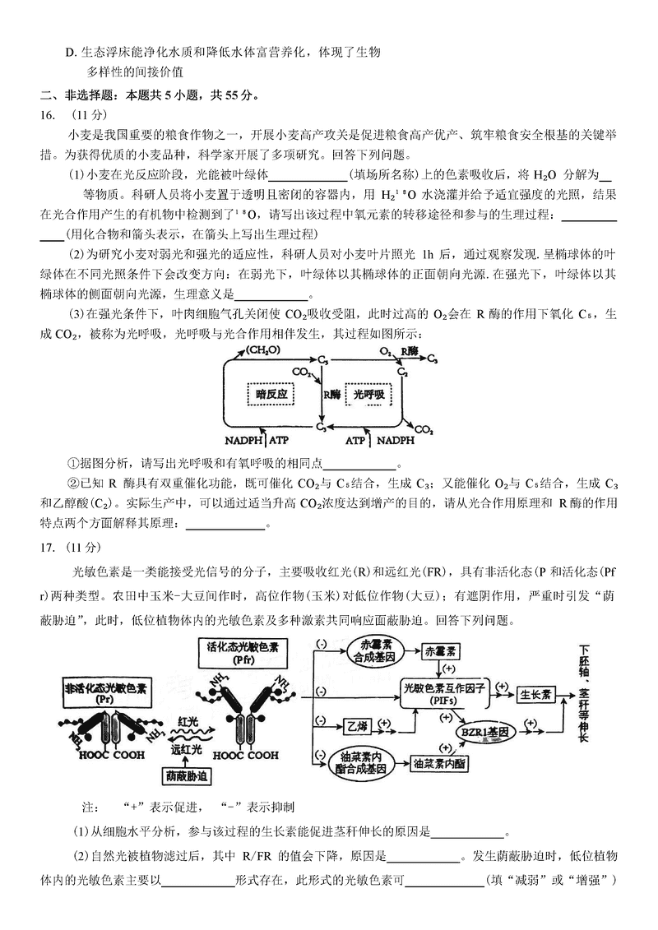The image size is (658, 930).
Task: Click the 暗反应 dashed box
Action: point(271,394)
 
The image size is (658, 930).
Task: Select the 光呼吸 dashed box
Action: point(369,394)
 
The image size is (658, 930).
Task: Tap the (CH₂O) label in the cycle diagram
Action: point(262,350)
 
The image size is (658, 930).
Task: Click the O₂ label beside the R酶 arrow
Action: point(384,350)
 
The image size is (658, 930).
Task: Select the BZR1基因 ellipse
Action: point(484,731)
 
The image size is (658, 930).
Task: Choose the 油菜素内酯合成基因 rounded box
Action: point(362,762)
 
